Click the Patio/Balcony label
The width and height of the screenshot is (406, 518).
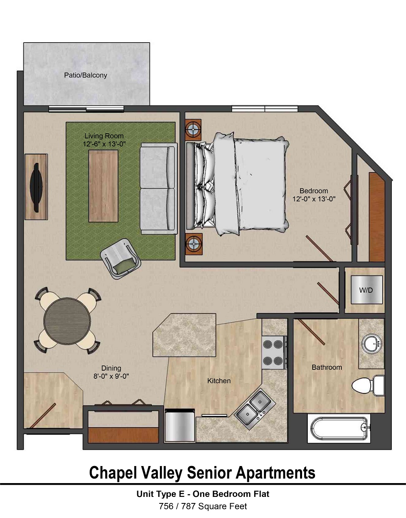(85, 75)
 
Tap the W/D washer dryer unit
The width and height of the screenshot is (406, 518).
(366, 290)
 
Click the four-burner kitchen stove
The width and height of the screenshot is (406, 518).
(273, 352)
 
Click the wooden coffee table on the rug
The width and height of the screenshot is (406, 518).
(104, 186)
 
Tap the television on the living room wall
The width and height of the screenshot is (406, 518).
(37, 187)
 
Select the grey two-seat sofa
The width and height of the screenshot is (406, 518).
(158, 189)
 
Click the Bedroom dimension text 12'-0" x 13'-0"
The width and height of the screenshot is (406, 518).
(314, 199)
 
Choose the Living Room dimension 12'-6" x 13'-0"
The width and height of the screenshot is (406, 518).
(104, 144)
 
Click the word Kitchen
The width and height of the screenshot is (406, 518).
(219, 381)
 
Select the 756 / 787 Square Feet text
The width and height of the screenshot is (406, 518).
(203, 506)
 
